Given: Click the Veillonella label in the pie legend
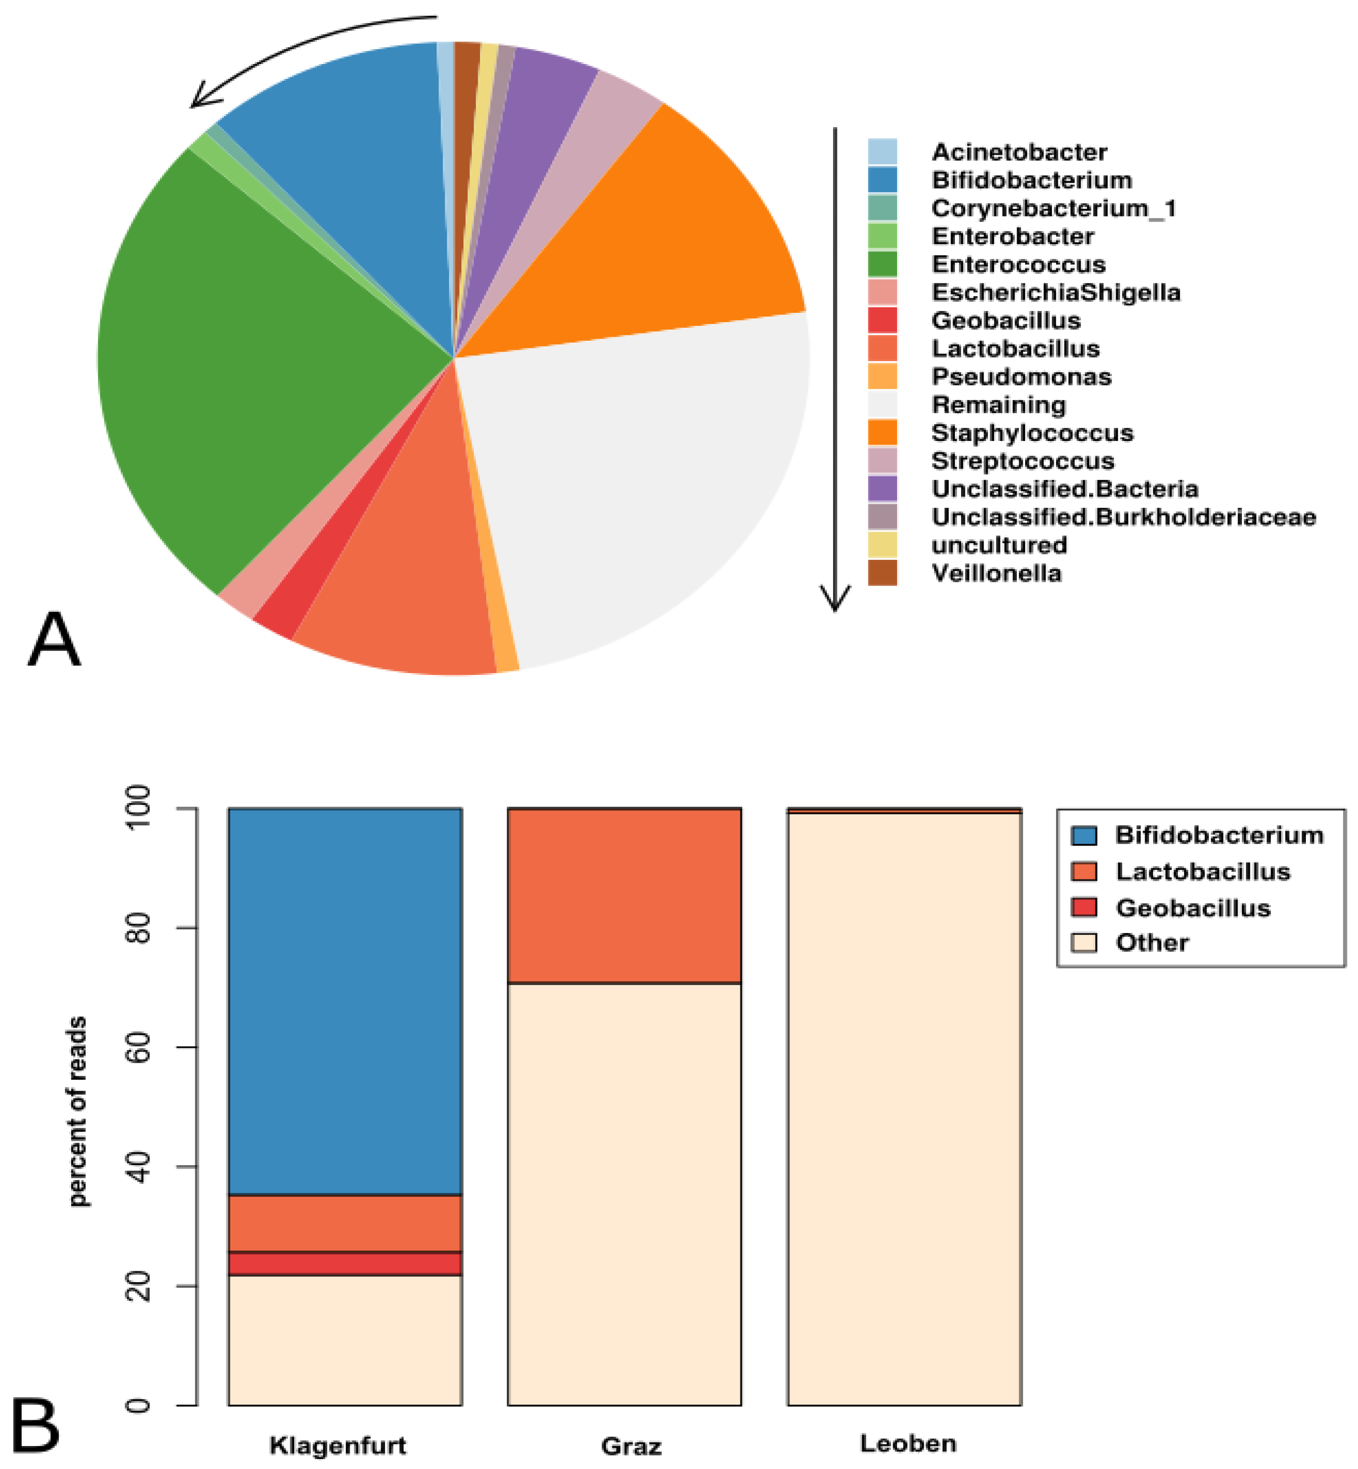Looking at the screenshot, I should click(996, 573).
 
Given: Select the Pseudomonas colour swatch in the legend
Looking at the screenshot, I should click(882, 376).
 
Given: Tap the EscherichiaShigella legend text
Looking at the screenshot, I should click(1055, 292).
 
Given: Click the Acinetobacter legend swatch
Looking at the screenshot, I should click(882, 152).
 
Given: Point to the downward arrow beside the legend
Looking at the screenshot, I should click(835, 367).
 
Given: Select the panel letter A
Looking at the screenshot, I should click(53, 639).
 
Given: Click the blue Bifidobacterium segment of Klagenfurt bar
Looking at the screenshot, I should click(345, 999).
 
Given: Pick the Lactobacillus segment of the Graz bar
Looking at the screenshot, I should click(624, 895).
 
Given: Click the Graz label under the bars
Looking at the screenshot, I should click(631, 1446).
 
